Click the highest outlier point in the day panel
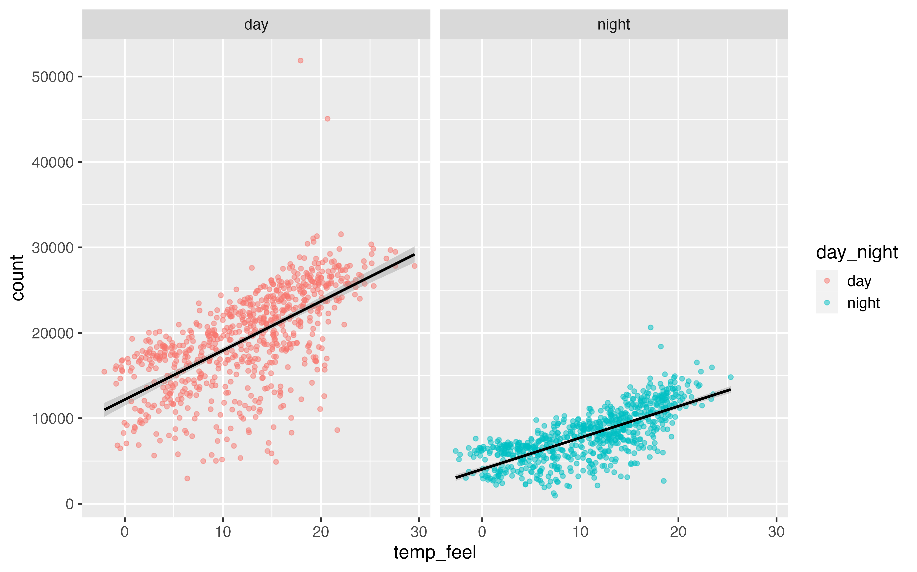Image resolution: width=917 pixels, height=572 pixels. (x=300, y=61)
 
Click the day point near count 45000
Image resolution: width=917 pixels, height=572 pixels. (x=328, y=119)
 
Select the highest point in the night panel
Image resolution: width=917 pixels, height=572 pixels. (x=650, y=328)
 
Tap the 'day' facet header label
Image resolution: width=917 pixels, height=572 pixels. (x=256, y=25)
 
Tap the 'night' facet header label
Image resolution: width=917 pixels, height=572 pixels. (x=614, y=25)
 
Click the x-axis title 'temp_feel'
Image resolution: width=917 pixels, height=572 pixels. (x=435, y=552)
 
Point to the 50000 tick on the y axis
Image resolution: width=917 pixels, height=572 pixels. (x=53, y=77)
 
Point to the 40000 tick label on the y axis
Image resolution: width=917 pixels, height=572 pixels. (x=53, y=162)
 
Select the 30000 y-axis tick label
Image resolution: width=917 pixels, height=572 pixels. (x=53, y=248)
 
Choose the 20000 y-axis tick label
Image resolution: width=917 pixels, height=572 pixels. (x=53, y=333)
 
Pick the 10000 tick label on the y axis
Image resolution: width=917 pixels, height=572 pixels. (x=53, y=419)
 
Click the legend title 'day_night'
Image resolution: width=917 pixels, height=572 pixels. (x=857, y=252)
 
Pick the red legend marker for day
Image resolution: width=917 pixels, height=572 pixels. (x=827, y=281)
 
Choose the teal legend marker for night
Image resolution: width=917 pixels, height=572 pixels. (x=827, y=303)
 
